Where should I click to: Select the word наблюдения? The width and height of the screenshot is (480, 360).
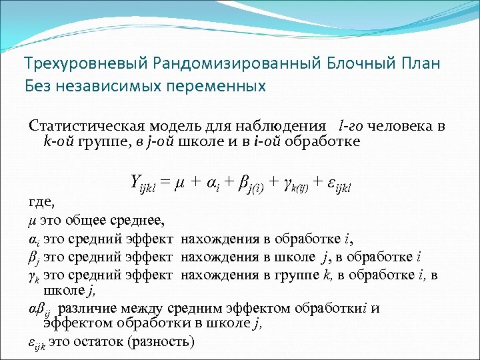[x=285, y=127]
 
